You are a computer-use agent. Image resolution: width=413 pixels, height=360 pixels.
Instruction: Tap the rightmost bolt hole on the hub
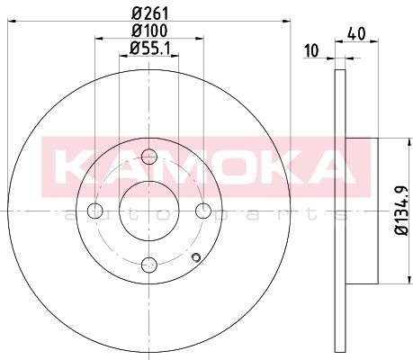[203, 211]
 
